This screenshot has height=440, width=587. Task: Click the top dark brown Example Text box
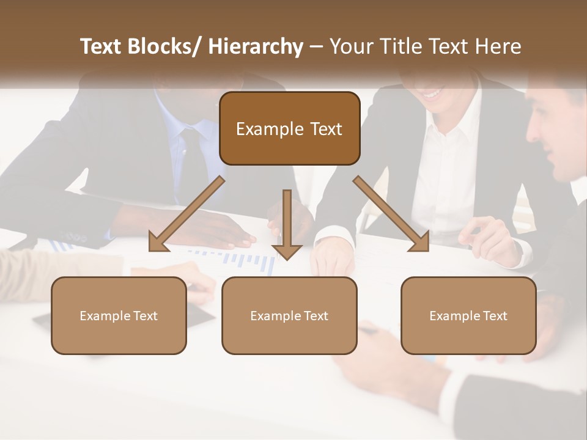tap(289, 128)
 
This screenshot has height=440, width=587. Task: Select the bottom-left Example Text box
tap(119, 315)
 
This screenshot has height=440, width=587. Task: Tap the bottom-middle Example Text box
tap(289, 315)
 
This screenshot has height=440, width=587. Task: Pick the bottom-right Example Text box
tap(468, 315)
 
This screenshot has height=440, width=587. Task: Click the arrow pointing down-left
tap(186, 215)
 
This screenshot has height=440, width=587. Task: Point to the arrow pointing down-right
tap(391, 215)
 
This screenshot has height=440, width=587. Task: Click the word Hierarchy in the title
tap(256, 47)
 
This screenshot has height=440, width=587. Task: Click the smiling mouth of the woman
tap(433, 94)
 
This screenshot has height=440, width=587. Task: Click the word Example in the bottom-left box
tap(105, 315)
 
